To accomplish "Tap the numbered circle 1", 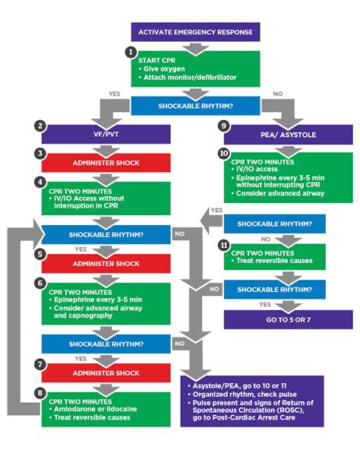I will (131, 52).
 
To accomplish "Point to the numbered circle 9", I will (223, 125).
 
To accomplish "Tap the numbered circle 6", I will (39, 282).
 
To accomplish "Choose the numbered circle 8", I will (39, 392).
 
